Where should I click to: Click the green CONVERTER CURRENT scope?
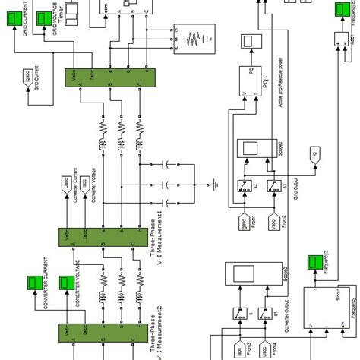tap(33, 283)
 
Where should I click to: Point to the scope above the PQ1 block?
tap(250, 42)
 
